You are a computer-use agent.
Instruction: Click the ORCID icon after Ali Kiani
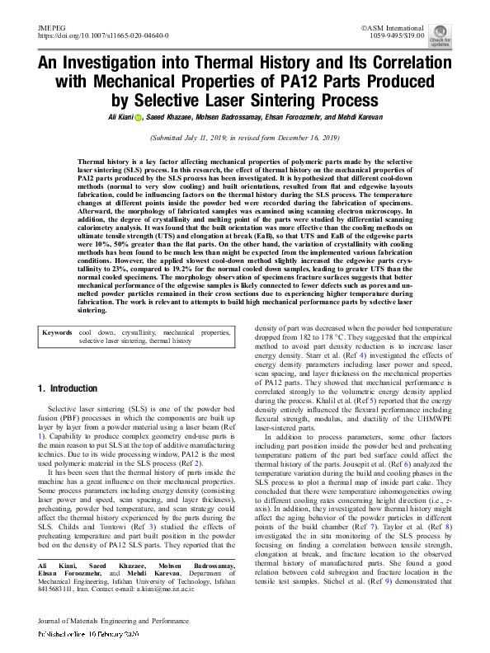(139, 118)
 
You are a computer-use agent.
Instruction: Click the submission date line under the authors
(245, 139)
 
